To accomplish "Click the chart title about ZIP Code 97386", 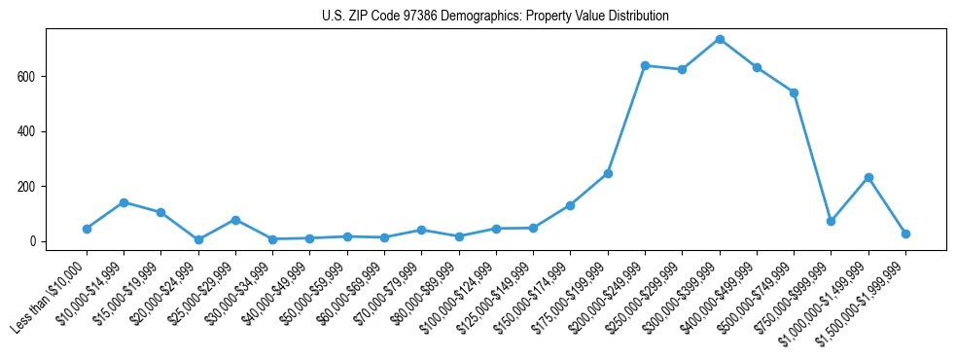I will [495, 17].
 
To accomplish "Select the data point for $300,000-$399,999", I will [720, 39].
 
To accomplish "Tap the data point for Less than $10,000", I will [87, 229].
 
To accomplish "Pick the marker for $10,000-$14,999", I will [124, 202].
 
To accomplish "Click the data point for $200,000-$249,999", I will [645, 65].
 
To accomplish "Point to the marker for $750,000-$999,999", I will [831, 221].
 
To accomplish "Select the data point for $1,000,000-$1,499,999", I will [868, 177].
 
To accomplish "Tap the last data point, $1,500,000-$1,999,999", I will [905, 234].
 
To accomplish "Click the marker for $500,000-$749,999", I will [794, 92].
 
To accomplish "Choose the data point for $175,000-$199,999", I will [608, 173].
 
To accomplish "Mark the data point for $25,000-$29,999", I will [235, 220].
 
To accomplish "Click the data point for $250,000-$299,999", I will [682, 69].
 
